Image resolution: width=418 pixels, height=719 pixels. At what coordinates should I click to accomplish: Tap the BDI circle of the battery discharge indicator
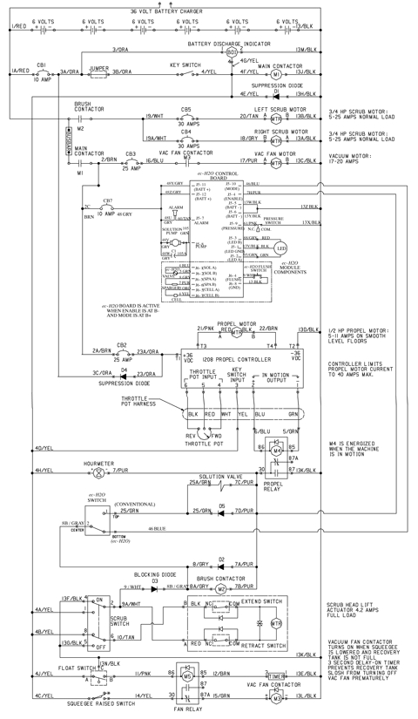coord(232,52)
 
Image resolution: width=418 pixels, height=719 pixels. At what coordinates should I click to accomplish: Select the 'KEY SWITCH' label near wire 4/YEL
coord(186,64)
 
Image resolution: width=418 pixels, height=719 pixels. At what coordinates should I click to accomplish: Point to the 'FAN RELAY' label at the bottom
coord(196,714)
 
